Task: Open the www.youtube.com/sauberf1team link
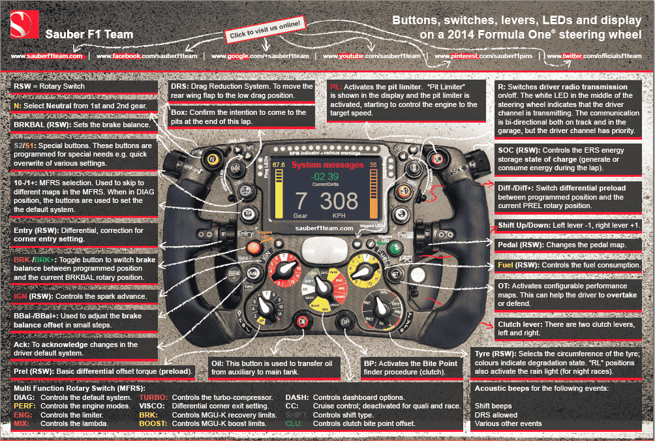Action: click(x=380, y=56)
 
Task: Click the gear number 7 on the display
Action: click(x=301, y=200)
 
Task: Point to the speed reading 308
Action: click(x=339, y=200)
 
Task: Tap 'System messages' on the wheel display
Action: click(x=324, y=165)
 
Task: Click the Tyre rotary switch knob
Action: click(x=382, y=311)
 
